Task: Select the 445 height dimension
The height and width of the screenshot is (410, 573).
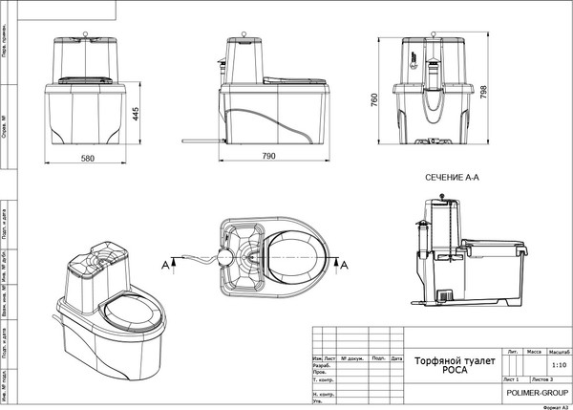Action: pyautogui.click(x=136, y=113)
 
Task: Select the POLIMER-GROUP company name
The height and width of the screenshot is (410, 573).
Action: pyautogui.click(x=537, y=393)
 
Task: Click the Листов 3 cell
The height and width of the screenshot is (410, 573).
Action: pyautogui.click(x=549, y=379)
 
